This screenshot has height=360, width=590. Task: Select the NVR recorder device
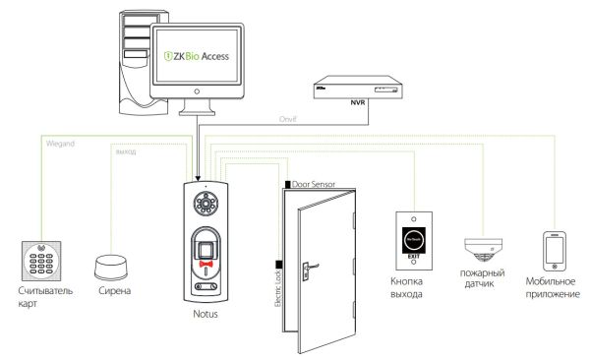click(x=356, y=88)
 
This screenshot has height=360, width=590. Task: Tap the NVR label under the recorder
click(x=356, y=102)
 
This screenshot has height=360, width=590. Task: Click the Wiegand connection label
click(x=62, y=144)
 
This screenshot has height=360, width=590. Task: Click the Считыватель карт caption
click(x=44, y=297)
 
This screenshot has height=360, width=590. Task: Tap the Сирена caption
click(x=114, y=292)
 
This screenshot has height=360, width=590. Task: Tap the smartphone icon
click(x=554, y=250)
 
